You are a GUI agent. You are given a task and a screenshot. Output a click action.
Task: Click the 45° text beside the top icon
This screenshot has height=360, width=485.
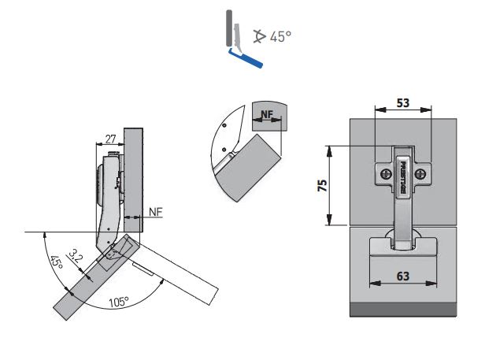[280, 36]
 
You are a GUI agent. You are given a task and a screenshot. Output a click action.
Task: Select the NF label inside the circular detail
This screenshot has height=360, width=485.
[266, 115]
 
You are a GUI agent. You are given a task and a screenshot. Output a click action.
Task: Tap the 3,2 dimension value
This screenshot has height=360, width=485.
[76, 256]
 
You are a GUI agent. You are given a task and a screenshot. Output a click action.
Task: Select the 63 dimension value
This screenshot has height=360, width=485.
[403, 276]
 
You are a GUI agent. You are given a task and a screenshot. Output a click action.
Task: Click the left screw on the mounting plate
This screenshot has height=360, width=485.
[385, 174]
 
